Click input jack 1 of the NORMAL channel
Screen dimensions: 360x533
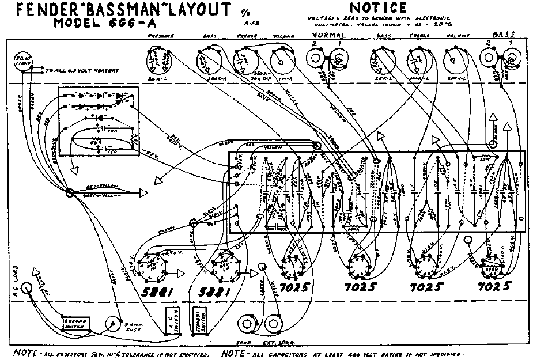(339, 58)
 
